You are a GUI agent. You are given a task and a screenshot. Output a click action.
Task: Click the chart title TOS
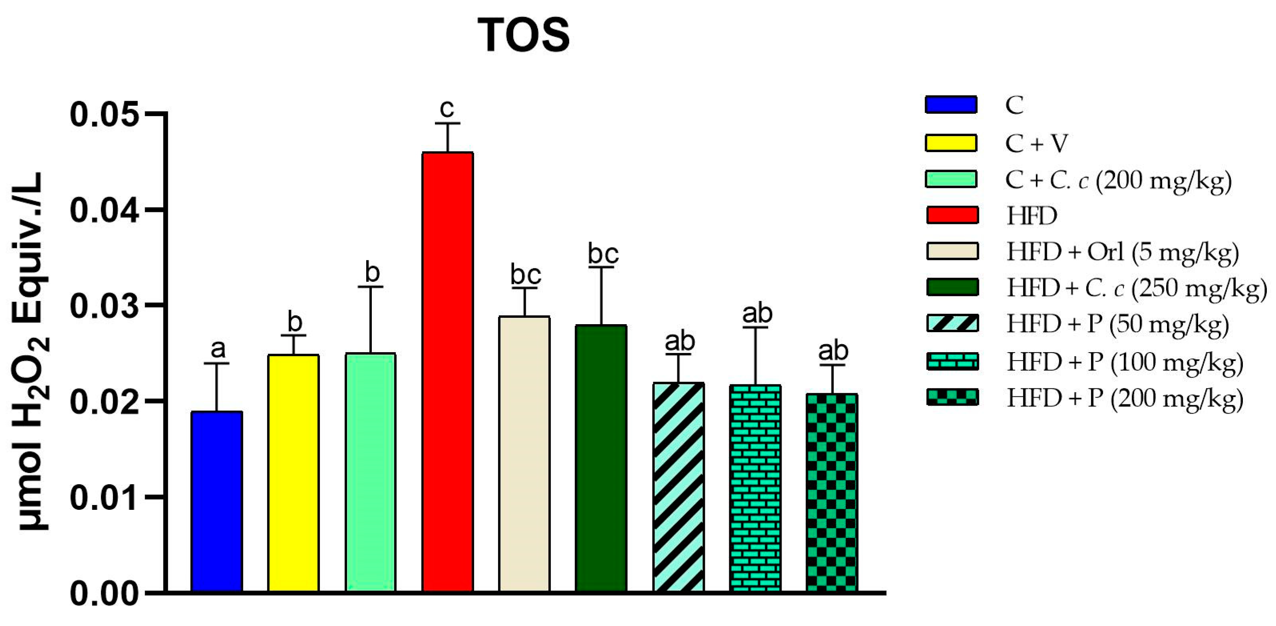tap(524, 35)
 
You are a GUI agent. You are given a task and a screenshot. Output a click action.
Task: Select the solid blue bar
tap(216, 501)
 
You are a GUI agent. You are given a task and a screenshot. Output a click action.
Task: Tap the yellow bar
tap(293, 473)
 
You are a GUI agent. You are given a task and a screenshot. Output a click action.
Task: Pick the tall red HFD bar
tap(447, 371)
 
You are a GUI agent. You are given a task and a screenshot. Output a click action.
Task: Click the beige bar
tap(524, 453)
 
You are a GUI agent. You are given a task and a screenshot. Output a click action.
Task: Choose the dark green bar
tap(601, 458)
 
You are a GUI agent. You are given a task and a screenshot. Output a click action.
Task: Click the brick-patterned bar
tap(755, 488)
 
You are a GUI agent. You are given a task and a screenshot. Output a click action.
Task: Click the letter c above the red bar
tap(447, 107)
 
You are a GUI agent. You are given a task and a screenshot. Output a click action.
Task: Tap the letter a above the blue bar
tap(218, 349)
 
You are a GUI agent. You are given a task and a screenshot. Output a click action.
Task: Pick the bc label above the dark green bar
tap(603, 254)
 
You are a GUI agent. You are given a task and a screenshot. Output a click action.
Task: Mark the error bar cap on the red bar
tap(447, 123)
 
